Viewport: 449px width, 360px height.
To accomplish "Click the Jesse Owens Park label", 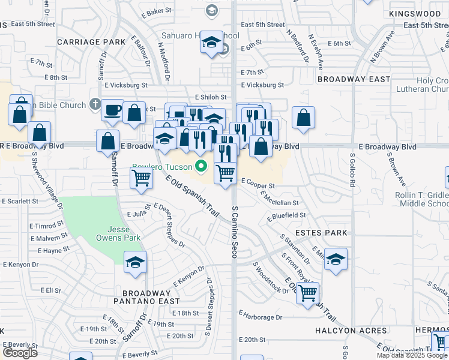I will click(124, 233).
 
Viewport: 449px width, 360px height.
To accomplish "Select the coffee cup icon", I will click(112, 110).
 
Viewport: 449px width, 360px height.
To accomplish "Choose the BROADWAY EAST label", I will click(354, 79).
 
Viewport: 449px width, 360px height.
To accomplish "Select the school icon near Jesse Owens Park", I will click(136, 262).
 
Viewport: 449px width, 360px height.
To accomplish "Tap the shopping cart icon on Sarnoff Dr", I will click(141, 178).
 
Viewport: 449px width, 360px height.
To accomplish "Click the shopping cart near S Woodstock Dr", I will click(308, 293).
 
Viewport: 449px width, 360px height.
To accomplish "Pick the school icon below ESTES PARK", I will click(336, 259).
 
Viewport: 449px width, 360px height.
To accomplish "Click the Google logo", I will click(20, 353).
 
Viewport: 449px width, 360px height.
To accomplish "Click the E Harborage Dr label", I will click(261, 317).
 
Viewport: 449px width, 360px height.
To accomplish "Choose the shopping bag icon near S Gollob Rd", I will click(304, 118).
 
